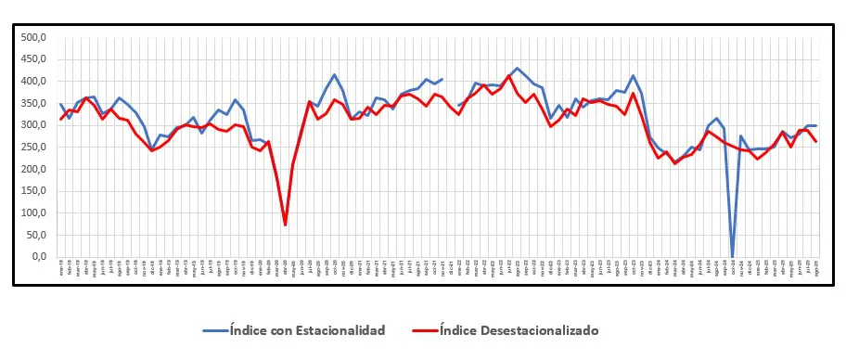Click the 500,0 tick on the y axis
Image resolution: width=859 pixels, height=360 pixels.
tap(32, 37)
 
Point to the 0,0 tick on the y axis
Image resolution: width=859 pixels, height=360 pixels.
tap(37, 257)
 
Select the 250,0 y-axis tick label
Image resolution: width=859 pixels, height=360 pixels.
tap(32, 148)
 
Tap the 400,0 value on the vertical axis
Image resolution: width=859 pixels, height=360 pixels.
tap(32, 82)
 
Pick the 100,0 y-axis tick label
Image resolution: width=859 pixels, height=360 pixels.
tap(32, 213)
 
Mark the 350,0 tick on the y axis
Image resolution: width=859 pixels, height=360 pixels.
tap(32, 103)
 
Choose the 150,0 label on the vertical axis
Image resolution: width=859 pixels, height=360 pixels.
tap(32, 191)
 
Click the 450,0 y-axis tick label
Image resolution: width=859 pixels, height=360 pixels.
tap(32, 59)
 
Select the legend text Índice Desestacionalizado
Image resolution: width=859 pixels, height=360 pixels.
tap(519, 330)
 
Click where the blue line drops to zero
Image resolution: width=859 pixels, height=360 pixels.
tap(733, 257)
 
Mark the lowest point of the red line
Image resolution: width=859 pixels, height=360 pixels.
tap(285, 225)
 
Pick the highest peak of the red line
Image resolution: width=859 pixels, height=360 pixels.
tap(509, 76)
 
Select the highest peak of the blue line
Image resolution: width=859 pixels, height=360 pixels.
tap(517, 69)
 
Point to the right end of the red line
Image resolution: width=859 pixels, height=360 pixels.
tap(815, 141)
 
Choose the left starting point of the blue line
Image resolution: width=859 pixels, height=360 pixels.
tap(61, 104)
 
